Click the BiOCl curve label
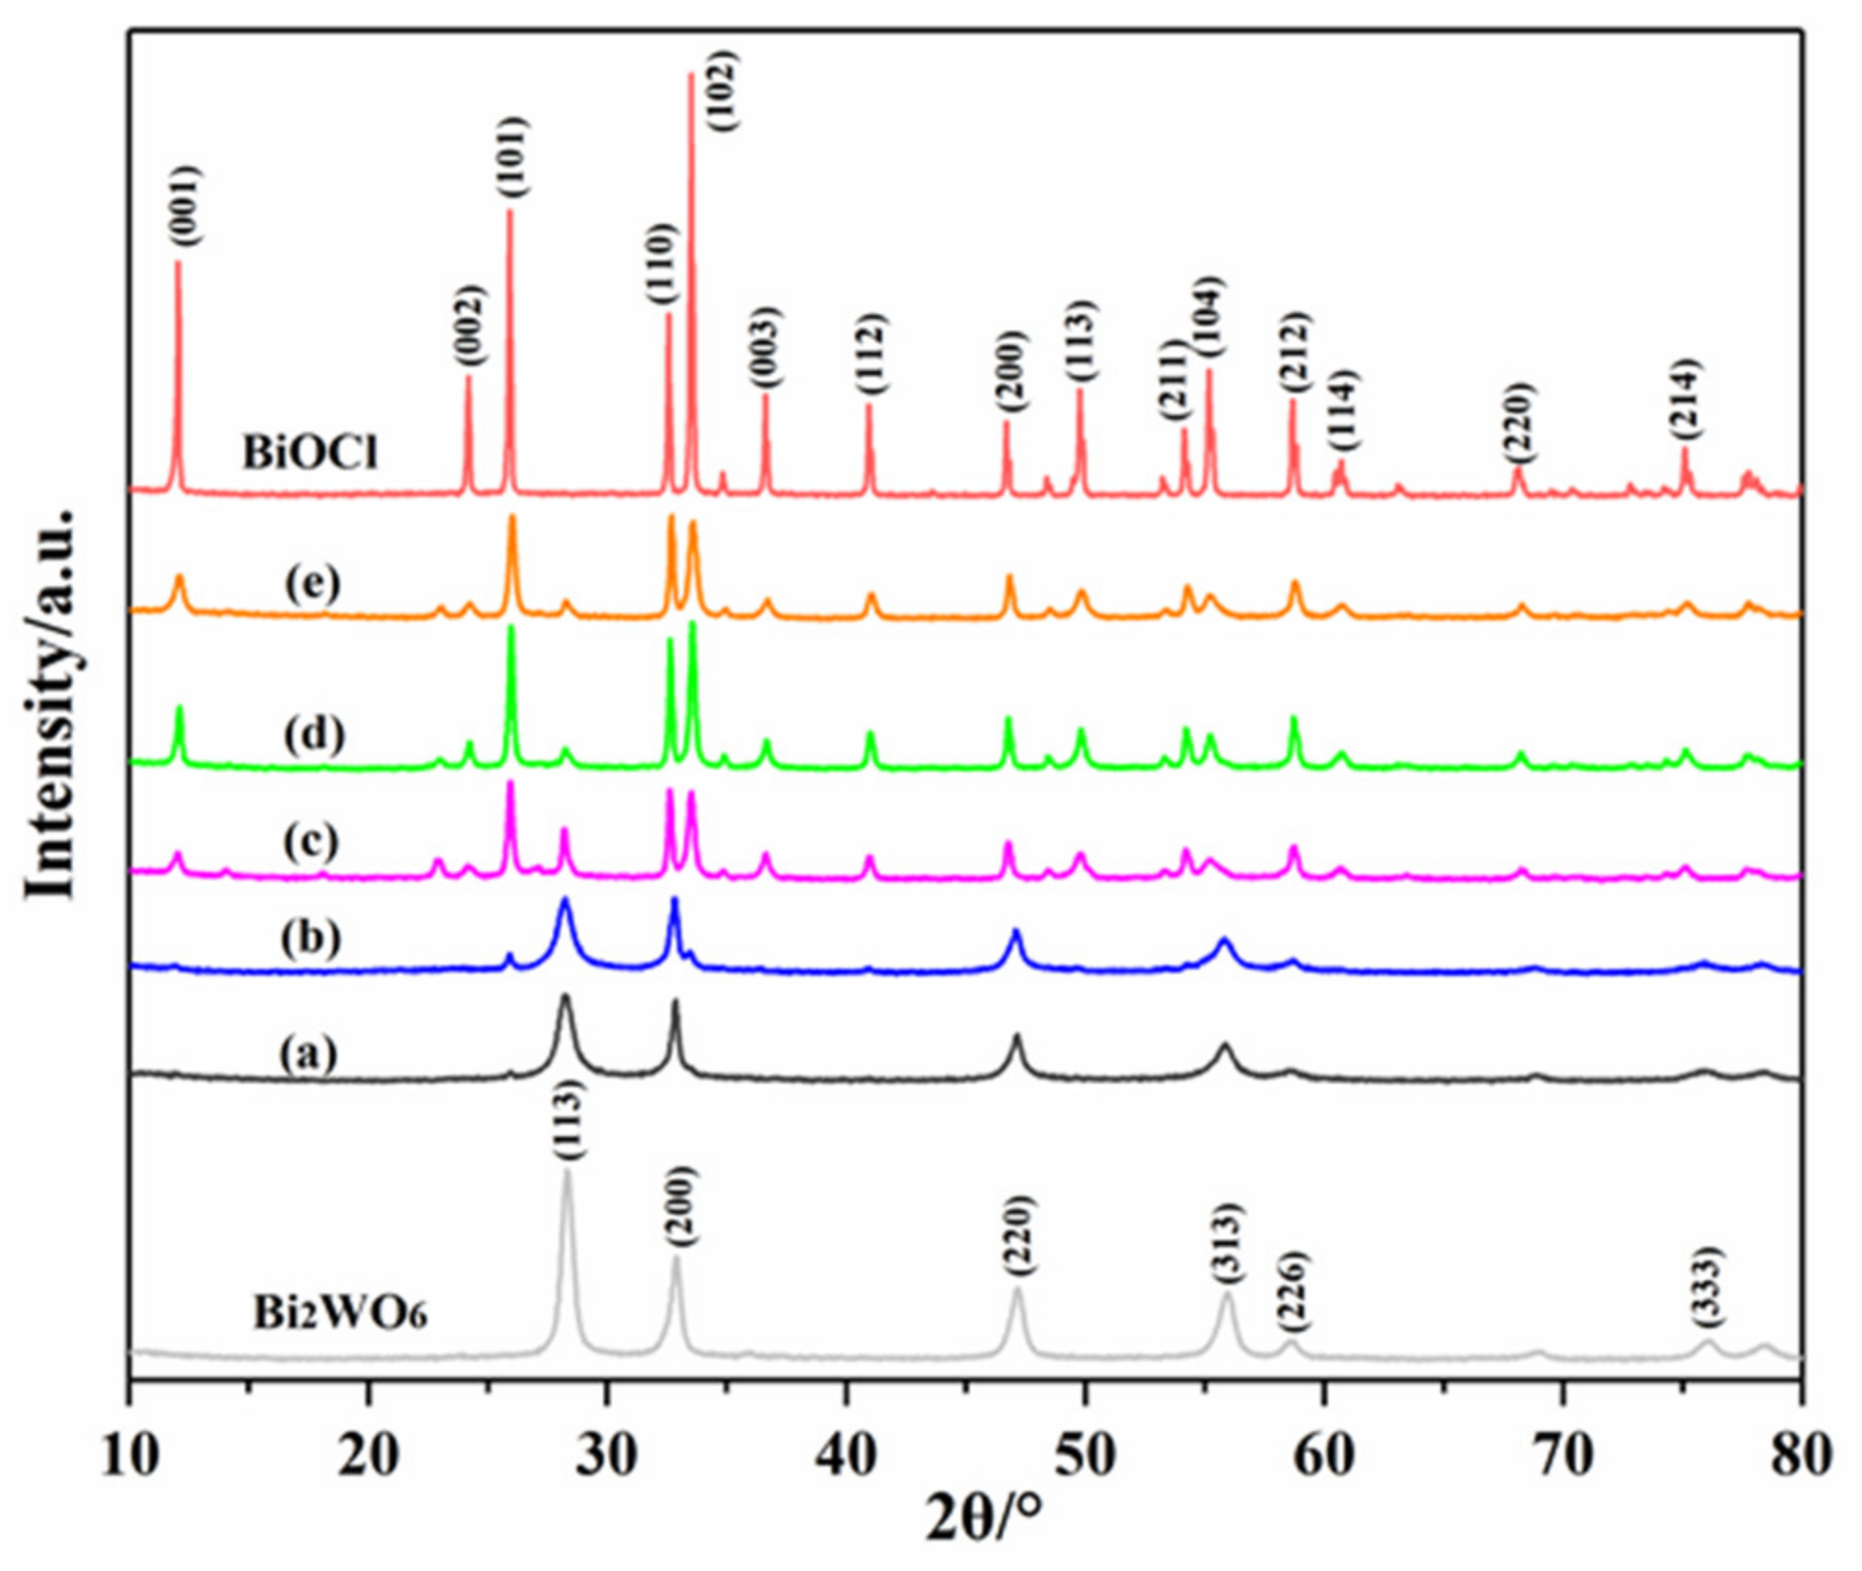pos(310,453)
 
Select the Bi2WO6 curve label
pos(340,1314)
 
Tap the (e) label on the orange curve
pos(313,583)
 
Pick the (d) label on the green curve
pos(313,734)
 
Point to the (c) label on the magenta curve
pos(310,841)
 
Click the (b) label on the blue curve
pos(310,937)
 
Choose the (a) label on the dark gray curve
pos(308,1054)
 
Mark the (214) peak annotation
pos(1685,398)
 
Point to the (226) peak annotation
pos(1293,1291)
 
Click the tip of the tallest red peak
pos(690,75)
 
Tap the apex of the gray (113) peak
pos(566,1172)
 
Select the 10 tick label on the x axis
pos(130,1455)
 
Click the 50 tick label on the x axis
pos(1084,1455)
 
